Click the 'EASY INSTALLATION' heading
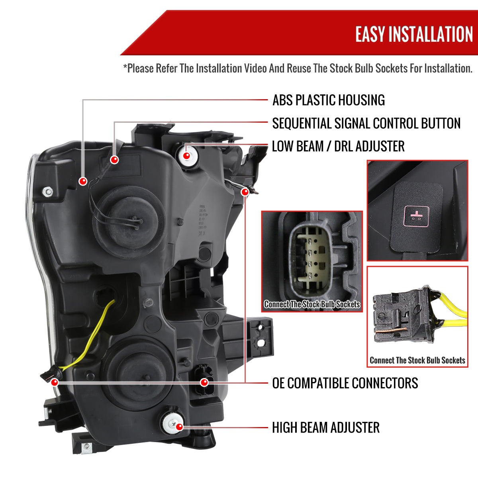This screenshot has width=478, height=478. coord(414,34)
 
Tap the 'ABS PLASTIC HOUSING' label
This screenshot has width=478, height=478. coord(329,100)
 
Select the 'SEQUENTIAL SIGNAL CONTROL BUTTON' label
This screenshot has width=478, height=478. coord(366,123)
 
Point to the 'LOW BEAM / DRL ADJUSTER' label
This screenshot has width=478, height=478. coord(338,146)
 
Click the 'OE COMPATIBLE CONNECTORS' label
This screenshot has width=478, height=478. coord(345,383)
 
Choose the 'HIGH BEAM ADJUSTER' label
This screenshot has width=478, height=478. coord(326,428)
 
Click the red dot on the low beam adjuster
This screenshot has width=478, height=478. coord(186,155)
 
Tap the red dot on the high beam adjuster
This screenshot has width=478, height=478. coord(179,427)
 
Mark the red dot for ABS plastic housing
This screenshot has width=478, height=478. coord(83,181)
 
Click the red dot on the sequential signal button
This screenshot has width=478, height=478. coord(114,160)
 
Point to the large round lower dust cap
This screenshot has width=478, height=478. coord(137,372)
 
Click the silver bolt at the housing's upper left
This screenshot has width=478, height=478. coord(48,192)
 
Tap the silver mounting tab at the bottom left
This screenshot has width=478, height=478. coord(86,449)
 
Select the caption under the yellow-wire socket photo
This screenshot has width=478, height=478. coord(417,360)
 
